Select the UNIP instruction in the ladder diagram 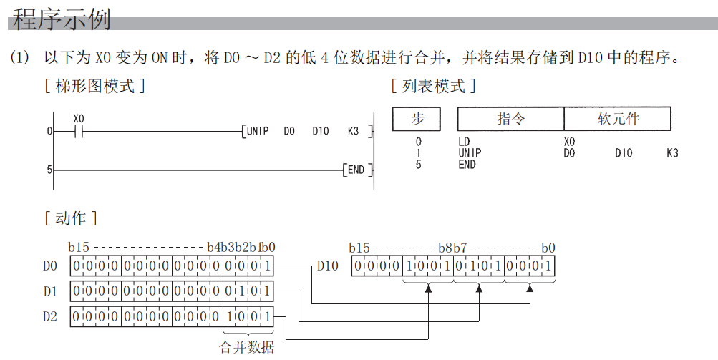[x=257, y=131]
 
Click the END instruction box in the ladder [x=356, y=170]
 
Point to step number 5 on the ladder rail [x=49, y=170]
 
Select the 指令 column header [x=510, y=119]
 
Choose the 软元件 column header [x=618, y=119]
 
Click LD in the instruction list [x=464, y=142]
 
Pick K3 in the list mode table [x=671, y=152]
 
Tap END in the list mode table [x=467, y=164]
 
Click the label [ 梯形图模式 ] [x=95, y=87]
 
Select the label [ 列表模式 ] [x=434, y=87]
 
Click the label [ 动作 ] [x=71, y=218]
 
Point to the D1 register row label [x=49, y=291]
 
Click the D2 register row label [x=49, y=316]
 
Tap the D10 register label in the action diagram [x=327, y=266]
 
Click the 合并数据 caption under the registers [x=247, y=348]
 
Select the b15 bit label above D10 [x=359, y=248]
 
